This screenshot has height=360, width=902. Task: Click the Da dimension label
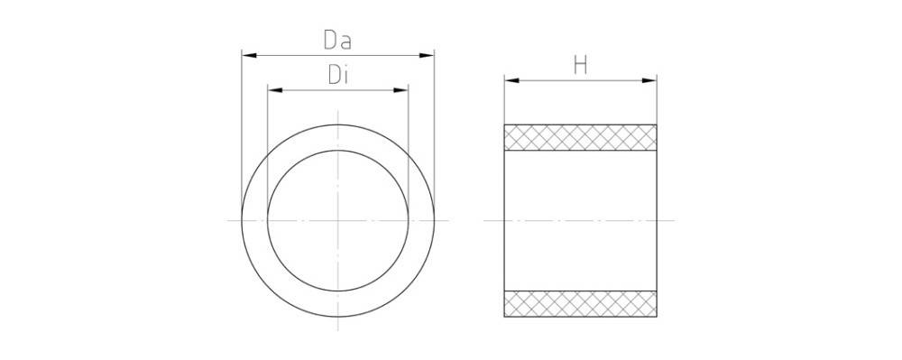point(337,41)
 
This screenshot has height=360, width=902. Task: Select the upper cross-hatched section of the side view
point(580,137)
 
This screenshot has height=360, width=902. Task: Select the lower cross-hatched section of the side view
point(580,303)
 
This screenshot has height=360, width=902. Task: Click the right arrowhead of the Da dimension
point(428,55)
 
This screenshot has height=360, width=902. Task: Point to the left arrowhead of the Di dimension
point(274,90)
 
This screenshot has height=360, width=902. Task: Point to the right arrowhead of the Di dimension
point(402,90)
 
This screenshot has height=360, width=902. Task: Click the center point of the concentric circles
point(338,220)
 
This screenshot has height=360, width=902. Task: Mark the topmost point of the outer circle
point(338,124)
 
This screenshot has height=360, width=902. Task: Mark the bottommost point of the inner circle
point(338,291)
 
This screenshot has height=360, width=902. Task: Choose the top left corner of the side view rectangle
point(504,125)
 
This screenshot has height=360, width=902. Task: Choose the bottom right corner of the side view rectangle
point(657,317)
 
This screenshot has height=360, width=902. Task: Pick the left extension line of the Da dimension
point(242,126)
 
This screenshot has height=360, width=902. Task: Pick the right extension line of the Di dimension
point(409,135)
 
